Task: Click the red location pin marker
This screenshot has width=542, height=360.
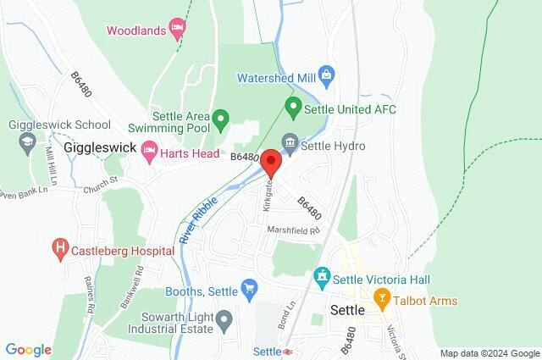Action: [271, 161]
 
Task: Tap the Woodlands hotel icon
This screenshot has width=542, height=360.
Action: [177, 30]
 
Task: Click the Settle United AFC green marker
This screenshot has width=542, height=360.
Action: [293, 108]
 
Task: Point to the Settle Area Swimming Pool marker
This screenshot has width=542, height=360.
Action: [220, 119]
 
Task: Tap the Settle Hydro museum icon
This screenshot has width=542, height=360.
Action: [290, 146]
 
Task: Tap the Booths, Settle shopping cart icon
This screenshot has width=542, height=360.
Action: [249, 291]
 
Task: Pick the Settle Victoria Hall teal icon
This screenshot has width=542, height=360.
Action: [321, 278]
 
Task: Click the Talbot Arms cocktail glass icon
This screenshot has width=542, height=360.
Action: [381, 300]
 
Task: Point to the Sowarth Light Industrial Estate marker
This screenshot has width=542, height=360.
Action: [224, 321]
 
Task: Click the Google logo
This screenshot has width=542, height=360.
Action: [28, 350]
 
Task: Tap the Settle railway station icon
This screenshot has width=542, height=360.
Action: [289, 352]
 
